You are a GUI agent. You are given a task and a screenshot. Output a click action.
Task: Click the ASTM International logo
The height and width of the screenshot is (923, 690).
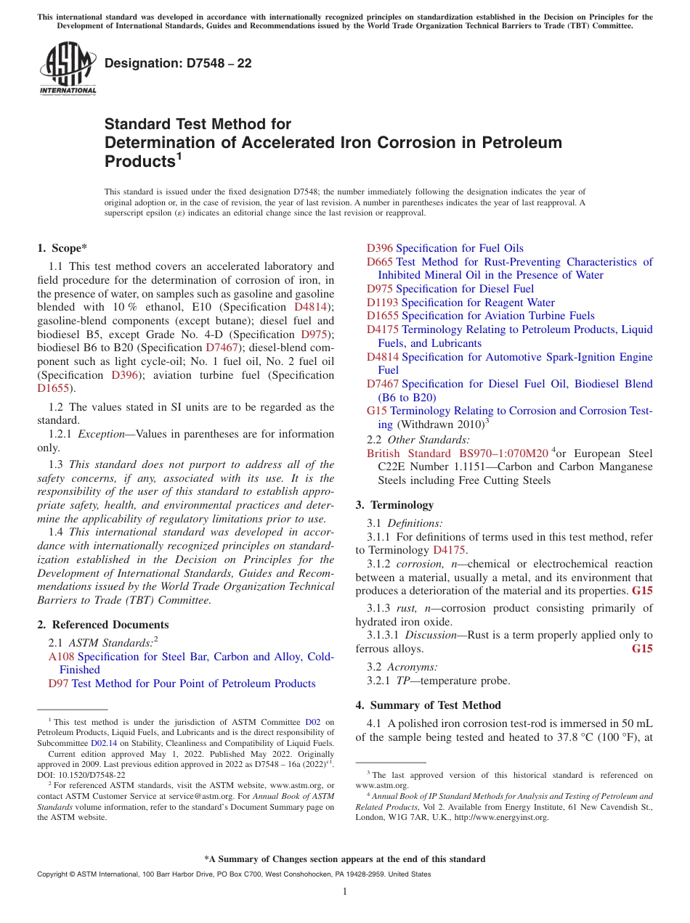68,70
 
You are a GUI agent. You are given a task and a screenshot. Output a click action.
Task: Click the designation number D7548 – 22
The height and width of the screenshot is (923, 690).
178,63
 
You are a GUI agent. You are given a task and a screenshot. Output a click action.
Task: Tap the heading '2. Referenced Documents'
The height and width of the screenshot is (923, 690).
103,625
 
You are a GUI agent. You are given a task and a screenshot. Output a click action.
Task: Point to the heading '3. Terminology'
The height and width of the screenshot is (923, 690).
394,505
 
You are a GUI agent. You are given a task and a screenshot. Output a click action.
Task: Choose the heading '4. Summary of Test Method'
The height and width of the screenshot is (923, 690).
428,705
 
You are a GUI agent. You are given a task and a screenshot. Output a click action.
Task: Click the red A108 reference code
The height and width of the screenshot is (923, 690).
61,657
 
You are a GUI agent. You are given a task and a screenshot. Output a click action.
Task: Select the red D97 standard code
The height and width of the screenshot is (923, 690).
58,684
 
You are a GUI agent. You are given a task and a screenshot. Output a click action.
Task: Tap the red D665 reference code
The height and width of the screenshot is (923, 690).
380,262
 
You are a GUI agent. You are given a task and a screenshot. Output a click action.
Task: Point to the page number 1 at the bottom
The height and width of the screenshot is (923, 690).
345,892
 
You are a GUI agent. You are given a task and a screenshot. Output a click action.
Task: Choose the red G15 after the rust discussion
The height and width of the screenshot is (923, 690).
642,649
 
